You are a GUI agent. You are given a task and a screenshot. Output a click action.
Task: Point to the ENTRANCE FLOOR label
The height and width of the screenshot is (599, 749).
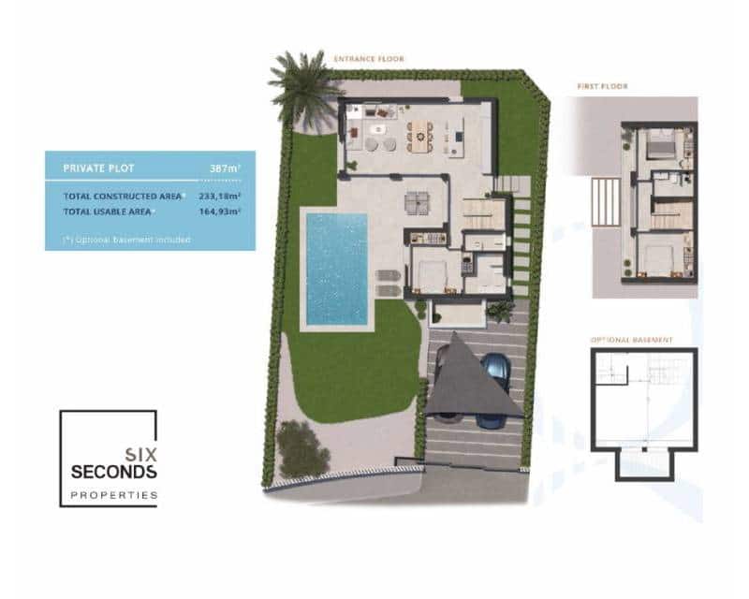click(369, 58)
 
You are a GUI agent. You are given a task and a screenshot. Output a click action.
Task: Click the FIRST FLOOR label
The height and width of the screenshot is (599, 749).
click(602, 87)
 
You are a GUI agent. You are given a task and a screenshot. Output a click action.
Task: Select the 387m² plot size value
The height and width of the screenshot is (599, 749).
click(225, 168)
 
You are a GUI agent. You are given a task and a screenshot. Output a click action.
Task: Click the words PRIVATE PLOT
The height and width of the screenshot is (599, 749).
click(98, 168)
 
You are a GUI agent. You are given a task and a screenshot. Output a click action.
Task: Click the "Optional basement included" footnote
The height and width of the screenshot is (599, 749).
click(126, 240)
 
